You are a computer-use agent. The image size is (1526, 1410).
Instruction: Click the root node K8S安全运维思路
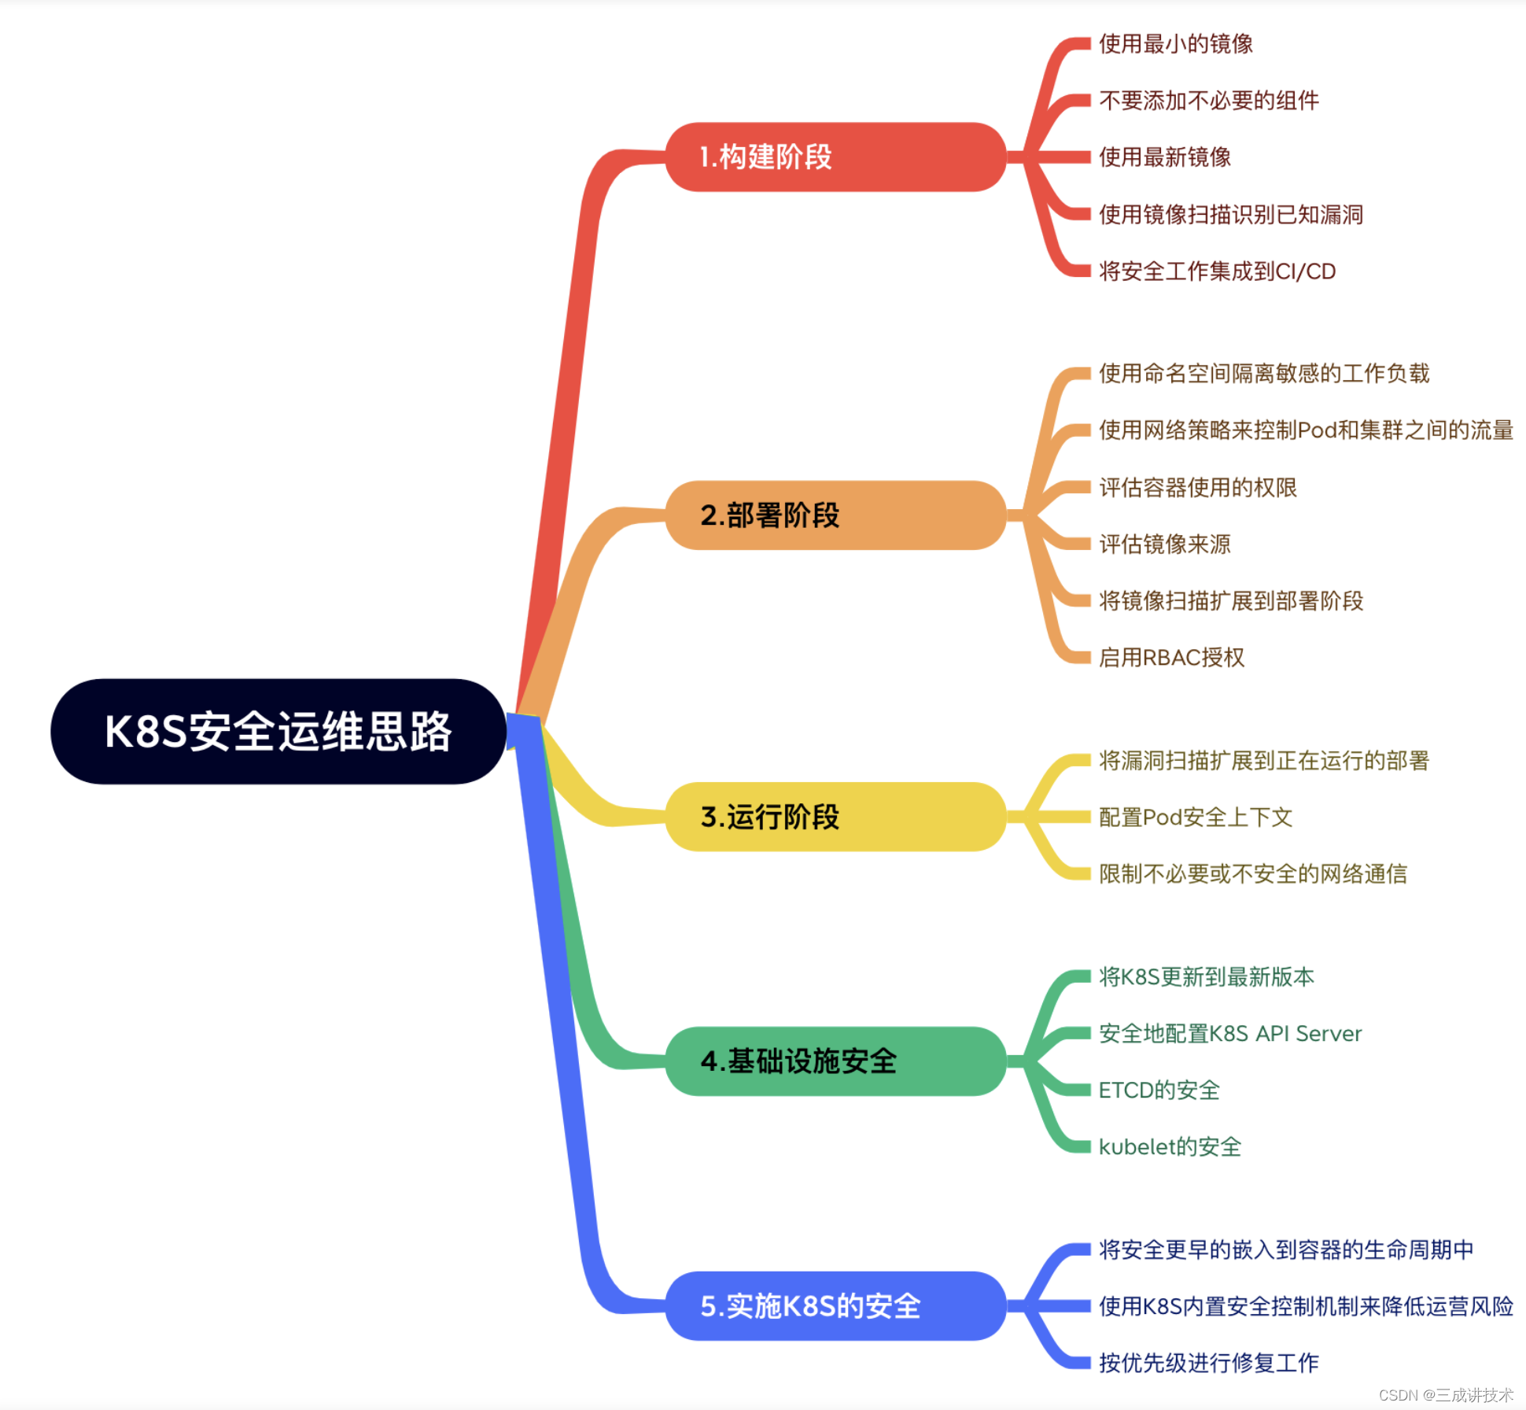tap(278, 732)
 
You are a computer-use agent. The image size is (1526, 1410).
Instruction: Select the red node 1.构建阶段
tap(835, 157)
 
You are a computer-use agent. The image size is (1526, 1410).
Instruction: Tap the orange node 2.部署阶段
tap(835, 515)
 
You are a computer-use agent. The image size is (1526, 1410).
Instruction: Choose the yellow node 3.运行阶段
tap(835, 817)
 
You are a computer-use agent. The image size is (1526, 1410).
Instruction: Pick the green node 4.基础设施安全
tap(835, 1061)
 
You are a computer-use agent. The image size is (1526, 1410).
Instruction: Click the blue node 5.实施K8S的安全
tap(835, 1306)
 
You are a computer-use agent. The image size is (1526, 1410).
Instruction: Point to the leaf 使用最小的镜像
tap(1175, 44)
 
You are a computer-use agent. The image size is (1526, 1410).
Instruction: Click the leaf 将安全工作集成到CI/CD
tap(1217, 271)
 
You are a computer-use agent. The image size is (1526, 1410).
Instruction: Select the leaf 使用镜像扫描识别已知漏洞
tap(1230, 215)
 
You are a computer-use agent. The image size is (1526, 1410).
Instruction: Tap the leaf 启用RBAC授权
tap(1171, 658)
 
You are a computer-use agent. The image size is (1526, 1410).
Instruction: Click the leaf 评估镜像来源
tap(1164, 544)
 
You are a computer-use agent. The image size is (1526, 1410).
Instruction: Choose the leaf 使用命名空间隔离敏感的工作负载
tap(1263, 374)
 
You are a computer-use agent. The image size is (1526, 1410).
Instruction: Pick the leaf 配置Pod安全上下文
tap(1195, 818)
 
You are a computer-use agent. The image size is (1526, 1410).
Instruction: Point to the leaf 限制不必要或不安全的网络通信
tap(1252, 874)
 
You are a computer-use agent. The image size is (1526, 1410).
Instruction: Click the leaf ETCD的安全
tap(1159, 1091)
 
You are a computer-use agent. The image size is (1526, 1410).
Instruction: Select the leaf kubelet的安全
tap(1170, 1147)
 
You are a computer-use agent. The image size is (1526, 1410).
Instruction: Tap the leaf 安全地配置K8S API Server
tap(1229, 1034)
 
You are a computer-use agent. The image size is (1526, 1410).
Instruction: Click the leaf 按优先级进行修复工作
tap(1208, 1363)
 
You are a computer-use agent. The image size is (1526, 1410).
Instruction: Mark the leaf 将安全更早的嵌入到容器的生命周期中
tap(1285, 1249)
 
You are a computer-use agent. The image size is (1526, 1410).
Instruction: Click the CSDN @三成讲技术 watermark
tap(1445, 1395)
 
